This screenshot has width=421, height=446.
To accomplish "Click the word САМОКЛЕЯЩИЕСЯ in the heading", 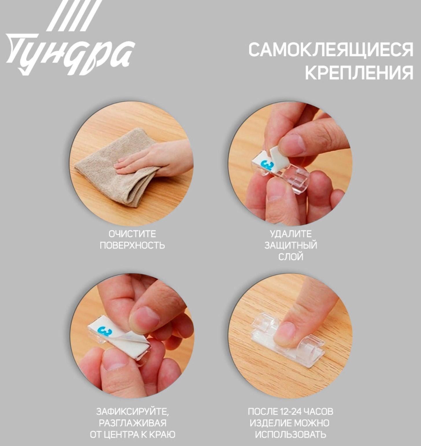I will (x=330, y=50).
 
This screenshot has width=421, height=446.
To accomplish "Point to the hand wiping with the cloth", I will (x=156, y=159).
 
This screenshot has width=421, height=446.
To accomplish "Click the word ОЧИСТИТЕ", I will (x=132, y=234).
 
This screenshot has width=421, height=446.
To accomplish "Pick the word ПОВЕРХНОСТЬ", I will (x=132, y=245).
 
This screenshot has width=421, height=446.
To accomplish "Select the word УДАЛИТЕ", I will (x=291, y=234).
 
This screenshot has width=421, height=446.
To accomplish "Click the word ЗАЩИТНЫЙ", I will (x=291, y=245).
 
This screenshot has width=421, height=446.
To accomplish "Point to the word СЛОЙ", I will (x=291, y=257).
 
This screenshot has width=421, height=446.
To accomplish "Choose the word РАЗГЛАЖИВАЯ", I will (x=132, y=423).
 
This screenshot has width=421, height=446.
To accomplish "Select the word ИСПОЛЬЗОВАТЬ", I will (x=291, y=434).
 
